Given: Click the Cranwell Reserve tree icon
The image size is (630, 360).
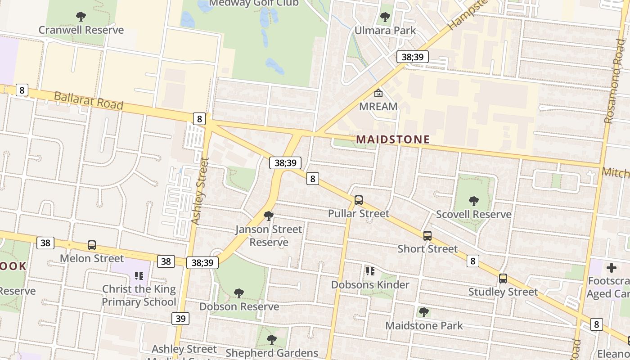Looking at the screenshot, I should pyautogui.click(x=81, y=17).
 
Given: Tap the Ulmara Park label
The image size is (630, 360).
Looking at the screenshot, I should pyautogui.click(x=385, y=31).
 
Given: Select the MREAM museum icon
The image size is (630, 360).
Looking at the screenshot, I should pyautogui.click(x=378, y=94).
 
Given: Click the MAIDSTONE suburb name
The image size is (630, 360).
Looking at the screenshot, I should pyautogui.click(x=393, y=139).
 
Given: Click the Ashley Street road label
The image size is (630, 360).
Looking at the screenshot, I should pyautogui.click(x=200, y=190).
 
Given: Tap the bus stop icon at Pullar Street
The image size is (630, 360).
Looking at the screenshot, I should pyautogui.click(x=359, y=200).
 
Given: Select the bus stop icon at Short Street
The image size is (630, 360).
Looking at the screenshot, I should pyautogui.click(x=427, y=236).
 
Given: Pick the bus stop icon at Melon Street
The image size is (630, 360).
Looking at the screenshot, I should pyautogui.click(x=92, y=245).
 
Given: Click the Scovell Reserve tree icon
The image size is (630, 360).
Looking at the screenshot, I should pyautogui.click(x=473, y=201).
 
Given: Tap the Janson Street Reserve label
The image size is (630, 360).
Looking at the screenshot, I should pyautogui.click(x=269, y=236).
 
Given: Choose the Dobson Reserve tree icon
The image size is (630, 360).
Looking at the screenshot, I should pyautogui.click(x=239, y=293).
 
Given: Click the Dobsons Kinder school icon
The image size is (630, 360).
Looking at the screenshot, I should pyautogui.click(x=370, y=271).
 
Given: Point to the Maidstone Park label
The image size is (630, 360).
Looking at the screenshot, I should pyautogui.click(x=424, y=325).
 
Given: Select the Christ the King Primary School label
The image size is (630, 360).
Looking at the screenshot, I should pyautogui.click(x=139, y=295).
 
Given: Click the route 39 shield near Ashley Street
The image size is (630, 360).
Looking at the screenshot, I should pyautogui.click(x=180, y=319).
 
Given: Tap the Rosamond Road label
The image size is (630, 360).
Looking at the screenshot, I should pyautogui.click(x=614, y=88).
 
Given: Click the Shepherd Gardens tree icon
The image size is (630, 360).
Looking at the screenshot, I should pyautogui.click(x=271, y=339).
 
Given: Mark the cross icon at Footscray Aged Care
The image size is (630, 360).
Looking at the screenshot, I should pyautogui.click(x=611, y=268).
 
